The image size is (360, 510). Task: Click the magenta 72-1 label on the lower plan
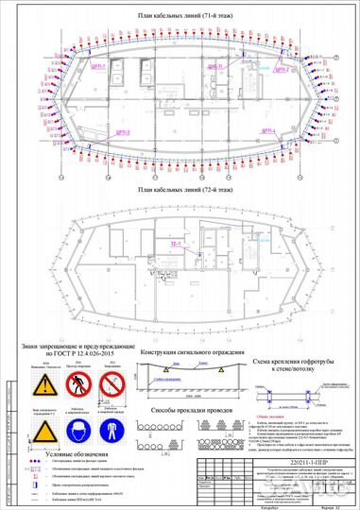pyautogui.click(x=175, y=244)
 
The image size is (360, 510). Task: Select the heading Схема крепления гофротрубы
pyautogui.click(x=294, y=363)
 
